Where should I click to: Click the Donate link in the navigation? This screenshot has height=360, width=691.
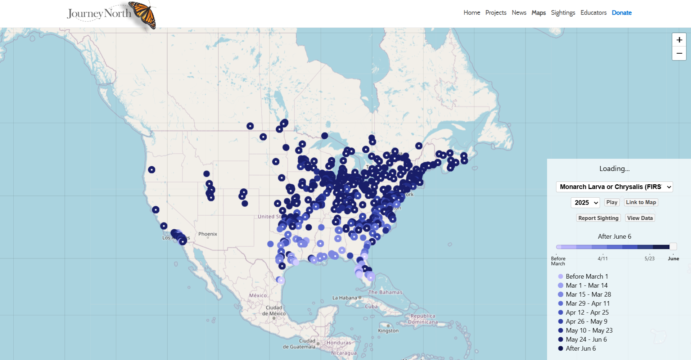[x=622, y=13]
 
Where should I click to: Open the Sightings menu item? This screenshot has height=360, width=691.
[x=563, y=13]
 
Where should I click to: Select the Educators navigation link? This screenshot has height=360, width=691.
[x=593, y=13]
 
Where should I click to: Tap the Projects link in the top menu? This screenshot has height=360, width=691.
[x=496, y=13]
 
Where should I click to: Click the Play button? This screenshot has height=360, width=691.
[x=611, y=202]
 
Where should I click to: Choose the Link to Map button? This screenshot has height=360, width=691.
[x=641, y=202]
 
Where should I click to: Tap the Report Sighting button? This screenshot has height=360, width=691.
[x=598, y=218]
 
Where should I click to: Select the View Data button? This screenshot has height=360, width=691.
[x=640, y=218]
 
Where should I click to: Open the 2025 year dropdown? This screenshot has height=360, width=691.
[x=585, y=203]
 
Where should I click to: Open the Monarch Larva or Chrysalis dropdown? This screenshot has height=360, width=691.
[x=614, y=187]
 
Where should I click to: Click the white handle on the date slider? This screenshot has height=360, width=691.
[x=673, y=247]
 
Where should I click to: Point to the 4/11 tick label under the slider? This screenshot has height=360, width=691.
[x=603, y=258]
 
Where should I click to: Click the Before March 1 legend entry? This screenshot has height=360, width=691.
[x=587, y=276]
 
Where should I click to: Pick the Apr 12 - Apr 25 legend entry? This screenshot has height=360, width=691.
[x=587, y=312]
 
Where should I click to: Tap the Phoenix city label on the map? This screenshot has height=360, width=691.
[x=208, y=234]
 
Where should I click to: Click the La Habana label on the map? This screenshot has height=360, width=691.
[x=344, y=298]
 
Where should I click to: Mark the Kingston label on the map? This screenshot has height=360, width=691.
[x=388, y=331]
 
